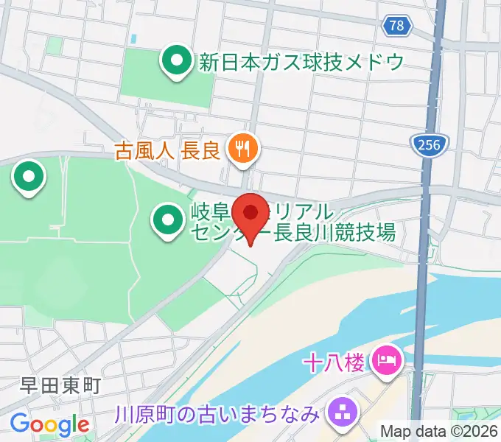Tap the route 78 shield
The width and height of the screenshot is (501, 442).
(x=396, y=26)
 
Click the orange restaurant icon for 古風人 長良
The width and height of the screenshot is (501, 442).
(x=241, y=150)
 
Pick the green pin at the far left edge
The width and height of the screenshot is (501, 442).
(x=29, y=178)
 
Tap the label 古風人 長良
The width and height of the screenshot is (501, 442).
(x=168, y=151)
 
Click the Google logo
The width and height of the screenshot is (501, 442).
(x=49, y=424)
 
